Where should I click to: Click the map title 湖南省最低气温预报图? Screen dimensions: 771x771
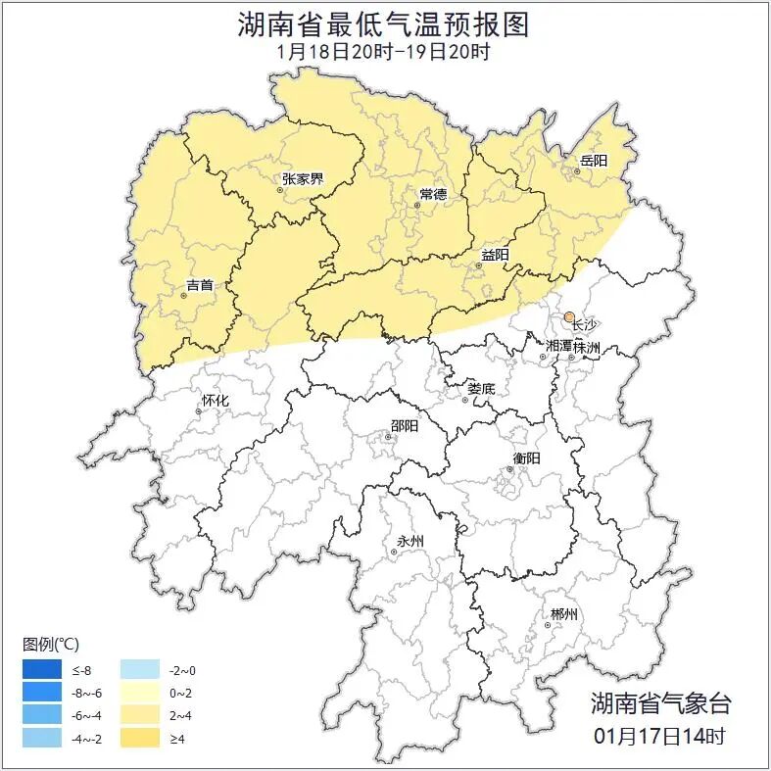pyautogui.click(x=384, y=24)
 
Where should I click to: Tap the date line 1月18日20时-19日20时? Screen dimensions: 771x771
pyautogui.click(x=384, y=51)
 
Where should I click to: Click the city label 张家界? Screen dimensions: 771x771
pyautogui.click(x=302, y=178)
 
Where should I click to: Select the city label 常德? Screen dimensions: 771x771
pyautogui.click(x=432, y=194)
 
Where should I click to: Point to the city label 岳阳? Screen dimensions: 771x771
pyautogui.click(x=593, y=161)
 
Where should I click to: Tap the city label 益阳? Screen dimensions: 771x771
pyautogui.click(x=495, y=256)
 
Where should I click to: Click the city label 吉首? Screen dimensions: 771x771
pyautogui.click(x=199, y=285)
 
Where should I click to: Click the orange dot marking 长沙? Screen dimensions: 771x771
pyautogui.click(x=569, y=316)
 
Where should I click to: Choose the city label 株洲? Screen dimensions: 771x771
pyautogui.click(x=586, y=347)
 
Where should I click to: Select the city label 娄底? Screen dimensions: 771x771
pyautogui.click(x=480, y=388)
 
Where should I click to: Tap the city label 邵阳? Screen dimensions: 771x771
pyautogui.click(x=404, y=426)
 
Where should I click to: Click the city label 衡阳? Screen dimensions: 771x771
pyautogui.click(x=525, y=458)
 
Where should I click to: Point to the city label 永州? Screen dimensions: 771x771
pyautogui.click(x=409, y=541)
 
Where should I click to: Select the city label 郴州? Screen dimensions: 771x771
pyautogui.click(x=563, y=614)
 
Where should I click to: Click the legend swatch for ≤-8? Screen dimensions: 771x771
pyautogui.click(x=44, y=670)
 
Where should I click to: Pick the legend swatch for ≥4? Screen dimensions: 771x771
pyautogui.click(x=141, y=738)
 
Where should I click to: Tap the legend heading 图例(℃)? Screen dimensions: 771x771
pyautogui.click(x=51, y=645)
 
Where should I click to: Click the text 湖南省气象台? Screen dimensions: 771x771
pyautogui.click(x=659, y=703)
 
